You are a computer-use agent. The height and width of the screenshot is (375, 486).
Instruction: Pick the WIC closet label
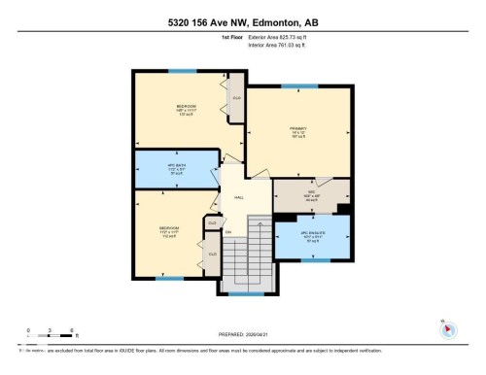pyautogui.click(x=311, y=193)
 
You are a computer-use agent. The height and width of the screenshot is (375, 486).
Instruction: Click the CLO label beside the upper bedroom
pyautogui.click(x=236, y=98)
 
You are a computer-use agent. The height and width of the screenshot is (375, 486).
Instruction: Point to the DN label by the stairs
pyautogui.click(x=229, y=232)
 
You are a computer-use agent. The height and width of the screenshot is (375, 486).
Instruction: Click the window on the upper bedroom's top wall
pyautogui.click(x=180, y=70)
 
